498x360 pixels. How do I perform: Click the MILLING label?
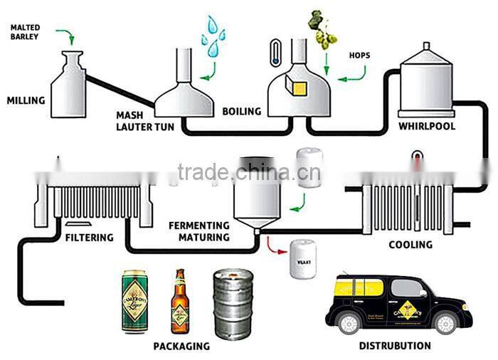point(26,100)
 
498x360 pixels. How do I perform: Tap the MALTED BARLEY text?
point(25,32)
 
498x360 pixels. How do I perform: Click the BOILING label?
point(242,111)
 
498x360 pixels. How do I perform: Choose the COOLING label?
point(410,245)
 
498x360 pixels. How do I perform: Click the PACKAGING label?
point(181,346)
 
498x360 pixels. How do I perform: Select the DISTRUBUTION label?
point(395,346)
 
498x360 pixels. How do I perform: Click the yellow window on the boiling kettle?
point(297,87)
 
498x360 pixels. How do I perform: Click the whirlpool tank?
point(426,81)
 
